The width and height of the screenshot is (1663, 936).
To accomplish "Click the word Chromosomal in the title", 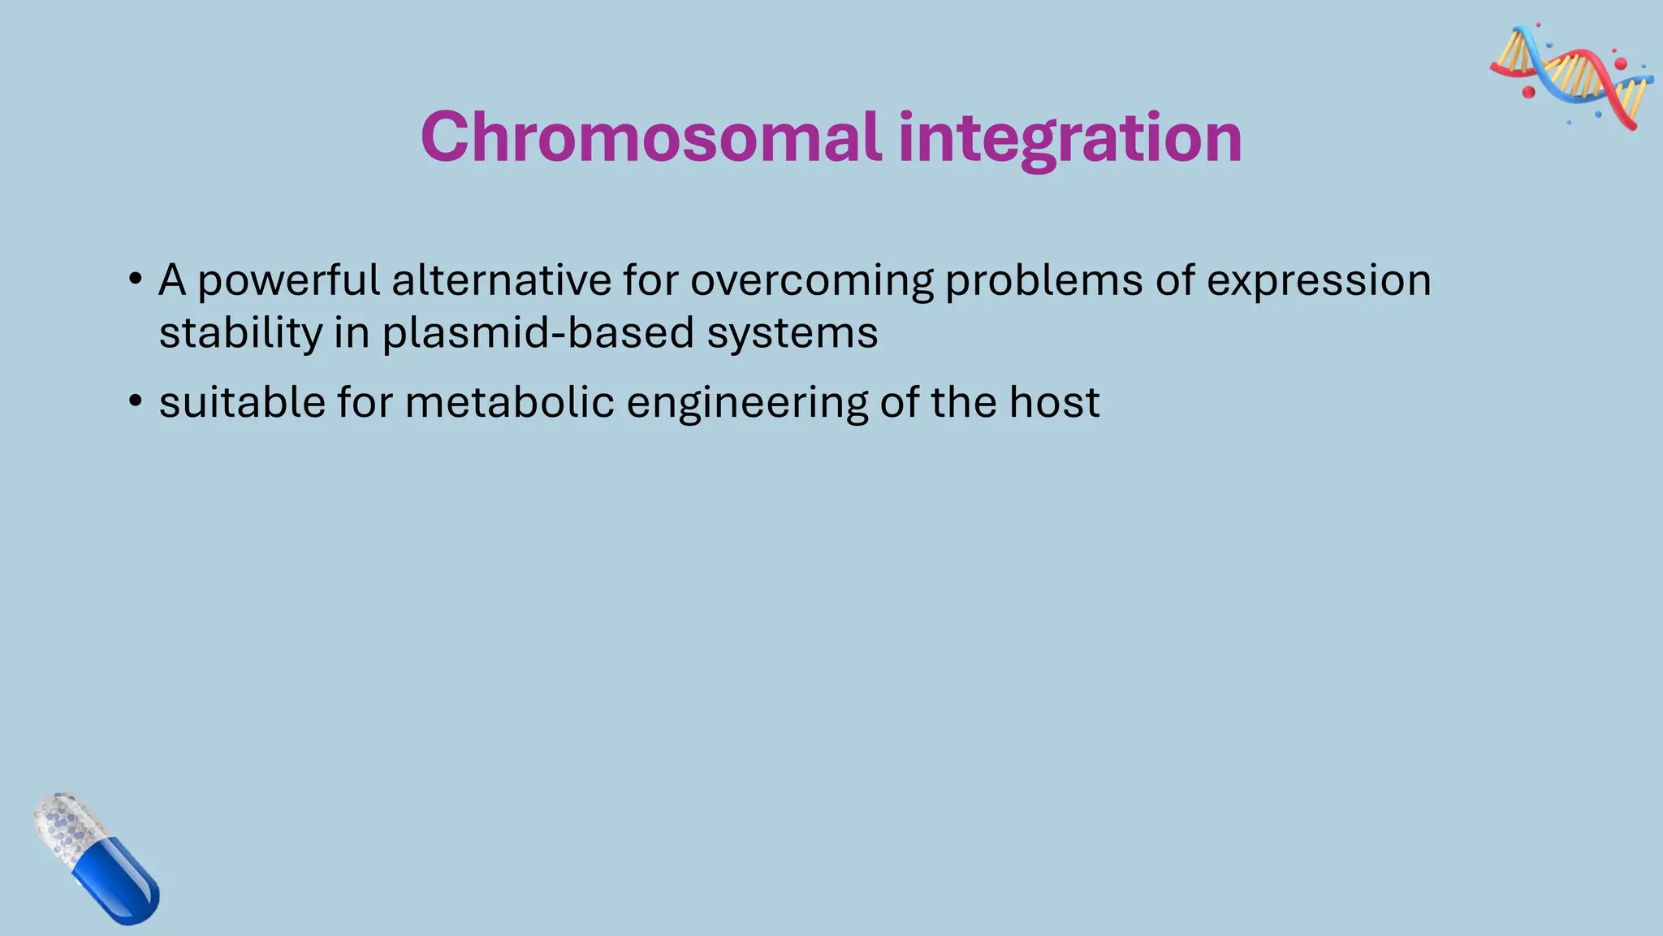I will point(650,137).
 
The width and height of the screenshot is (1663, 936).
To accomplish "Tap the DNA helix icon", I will point(1572,77).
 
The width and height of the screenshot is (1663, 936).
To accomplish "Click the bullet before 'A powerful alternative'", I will point(136,280).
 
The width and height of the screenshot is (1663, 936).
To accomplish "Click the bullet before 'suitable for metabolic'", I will point(136,402).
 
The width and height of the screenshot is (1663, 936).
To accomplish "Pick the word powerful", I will point(288,282).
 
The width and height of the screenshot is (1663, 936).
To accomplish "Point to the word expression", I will point(1319,282).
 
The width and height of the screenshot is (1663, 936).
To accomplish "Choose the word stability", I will point(240,334).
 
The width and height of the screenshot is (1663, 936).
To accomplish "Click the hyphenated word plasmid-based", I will point(538,334).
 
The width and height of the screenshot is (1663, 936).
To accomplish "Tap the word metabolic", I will point(509,402).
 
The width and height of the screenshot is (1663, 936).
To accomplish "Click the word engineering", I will point(747,404).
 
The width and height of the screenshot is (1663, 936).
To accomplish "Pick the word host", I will point(1054,402).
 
